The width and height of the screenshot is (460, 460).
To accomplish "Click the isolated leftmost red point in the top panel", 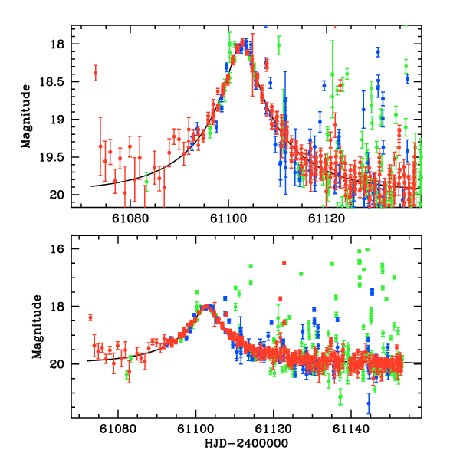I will coord(95,74).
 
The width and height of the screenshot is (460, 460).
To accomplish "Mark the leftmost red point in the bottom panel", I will coord(90,317).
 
